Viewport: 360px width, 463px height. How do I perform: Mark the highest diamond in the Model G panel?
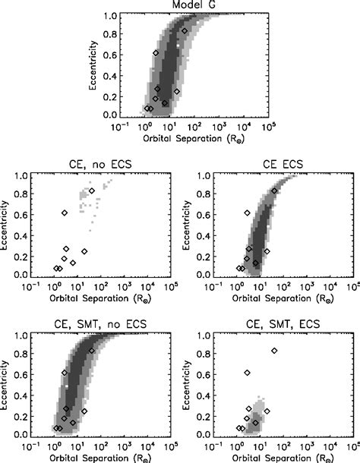tap(185, 31)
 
